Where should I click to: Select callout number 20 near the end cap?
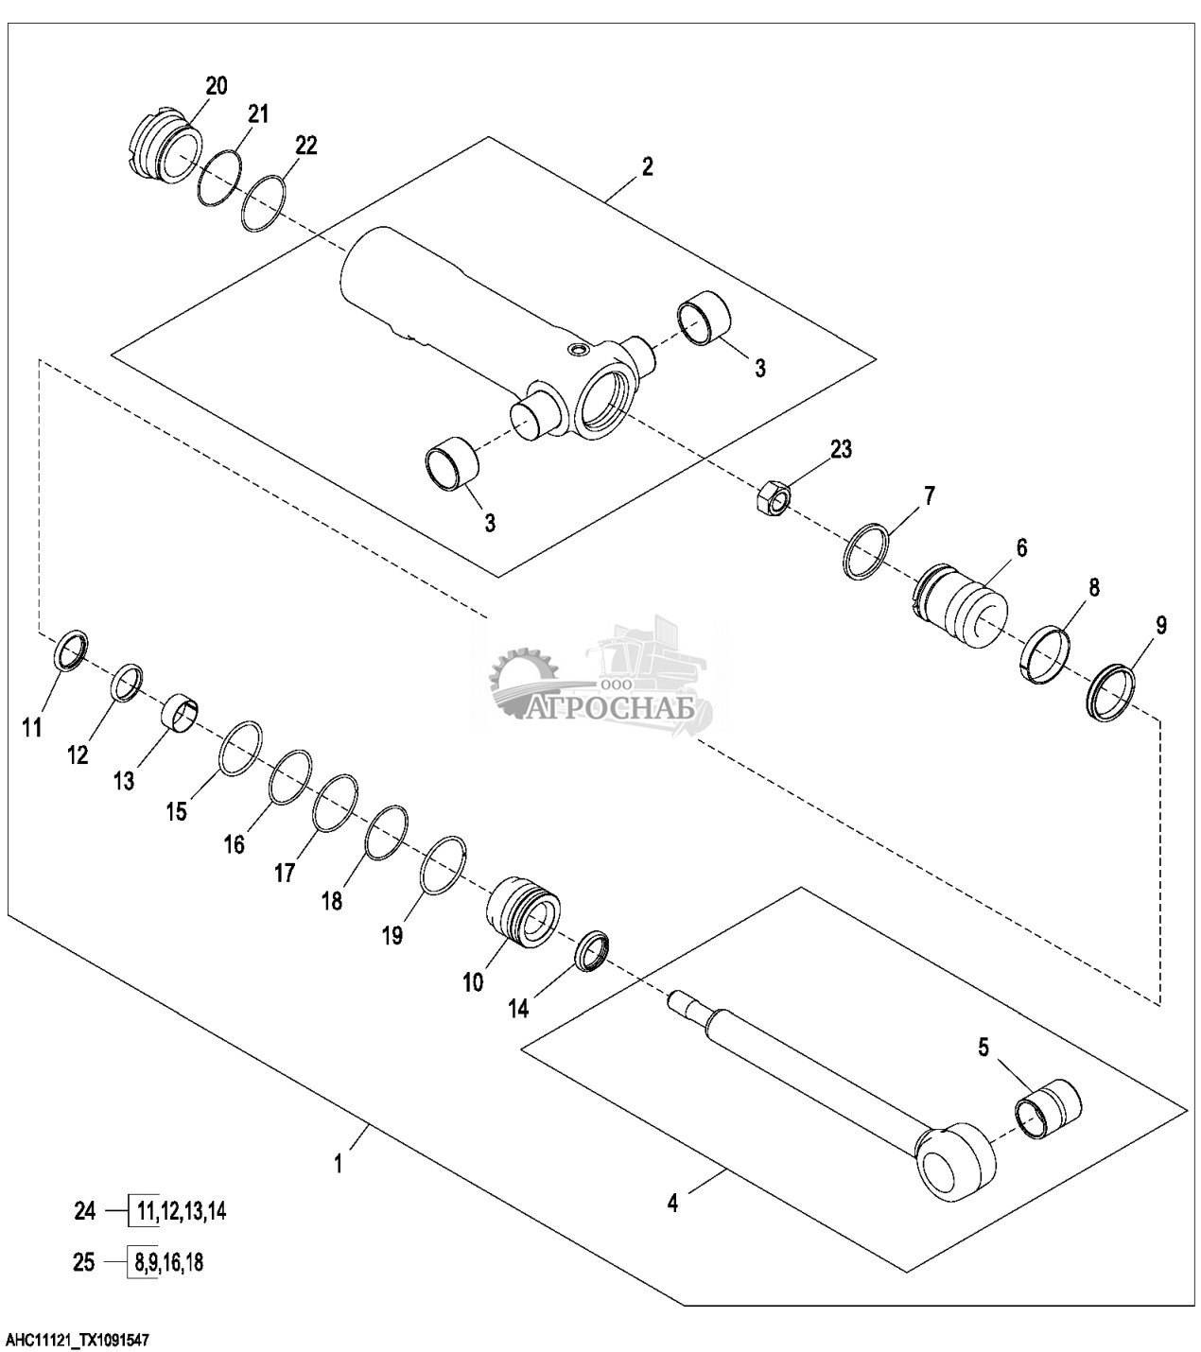[216, 85]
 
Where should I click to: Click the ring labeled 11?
[70, 648]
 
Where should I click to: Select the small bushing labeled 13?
[181, 713]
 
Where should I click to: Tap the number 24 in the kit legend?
[85, 1210]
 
